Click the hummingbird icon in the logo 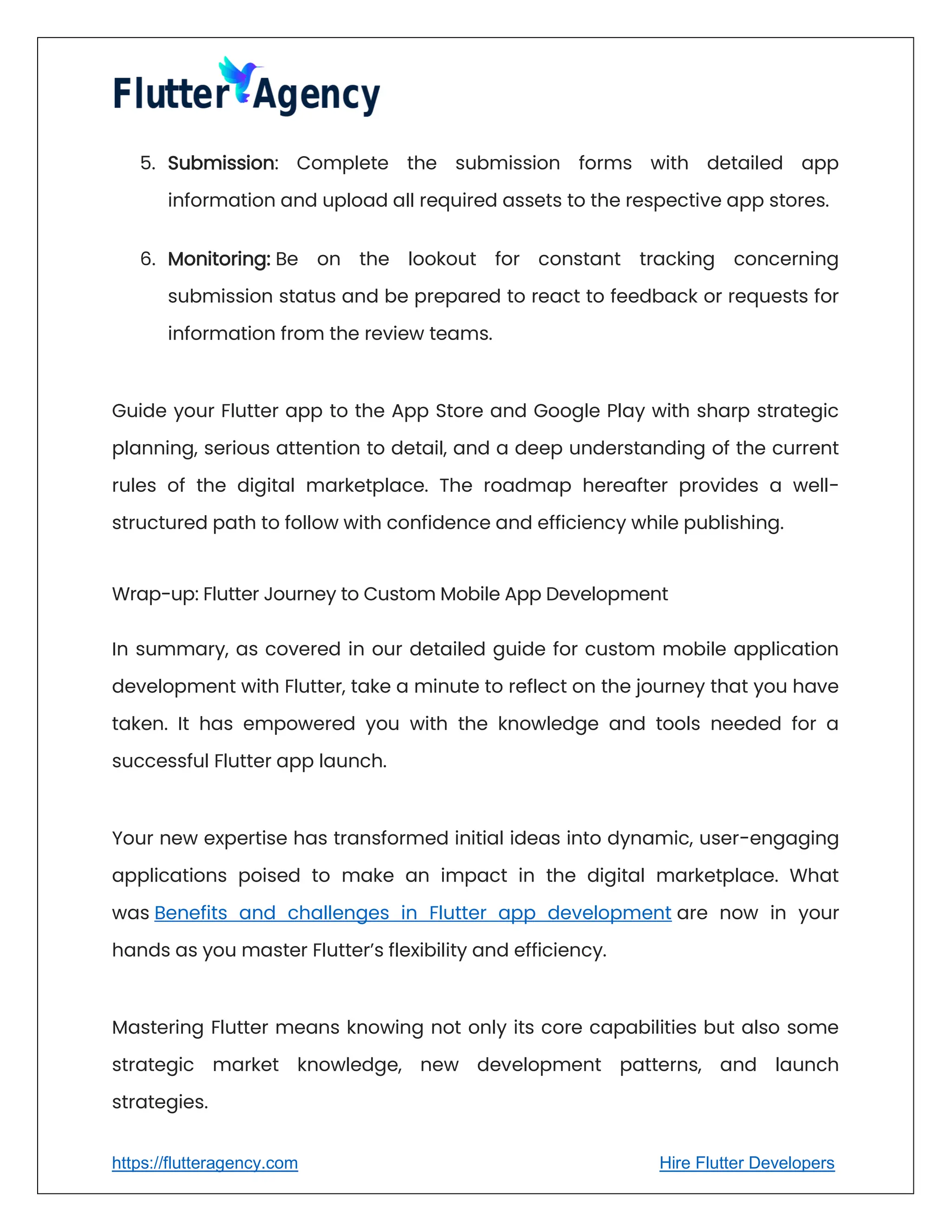(240, 79)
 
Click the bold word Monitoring (219, 259)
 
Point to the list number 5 (147, 163)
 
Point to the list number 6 (147, 259)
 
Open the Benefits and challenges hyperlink (412, 912)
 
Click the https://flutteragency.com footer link (204, 1163)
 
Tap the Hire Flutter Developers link (747, 1163)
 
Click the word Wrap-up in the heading (155, 594)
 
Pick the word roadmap (528, 485)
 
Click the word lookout (442, 259)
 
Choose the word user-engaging (769, 838)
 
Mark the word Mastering (158, 1028)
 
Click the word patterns (660, 1065)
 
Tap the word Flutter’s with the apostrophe (348, 950)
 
